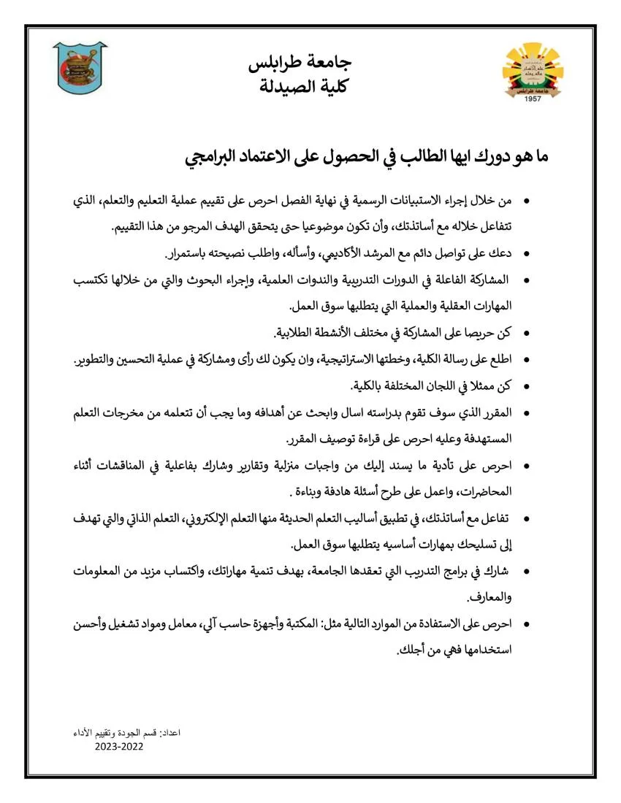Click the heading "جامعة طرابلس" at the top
pyautogui.click(x=310, y=64)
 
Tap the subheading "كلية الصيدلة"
pyautogui.click(x=310, y=87)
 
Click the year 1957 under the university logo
pyautogui.click(x=533, y=99)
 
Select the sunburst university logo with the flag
pyautogui.click(x=533, y=72)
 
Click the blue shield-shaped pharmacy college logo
pyautogui.click(x=80, y=67)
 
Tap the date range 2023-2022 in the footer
pyautogui.click(x=119, y=747)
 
